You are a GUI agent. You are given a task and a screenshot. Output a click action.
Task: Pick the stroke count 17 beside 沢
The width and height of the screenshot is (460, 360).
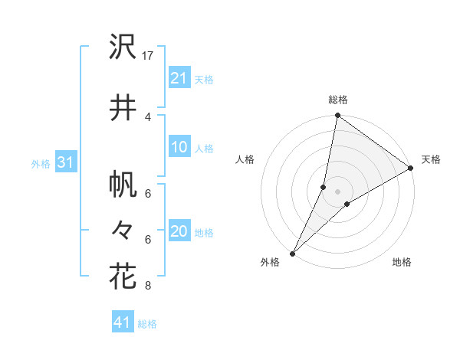coord(148,55)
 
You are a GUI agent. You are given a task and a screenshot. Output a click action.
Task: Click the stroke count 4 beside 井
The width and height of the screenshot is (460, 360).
coord(148,116)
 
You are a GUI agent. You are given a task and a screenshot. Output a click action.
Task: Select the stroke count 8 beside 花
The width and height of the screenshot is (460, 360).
coord(148,286)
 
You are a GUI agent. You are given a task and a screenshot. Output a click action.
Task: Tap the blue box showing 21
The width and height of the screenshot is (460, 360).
coord(179,78)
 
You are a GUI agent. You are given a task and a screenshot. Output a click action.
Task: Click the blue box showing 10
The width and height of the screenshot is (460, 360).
coord(179,148)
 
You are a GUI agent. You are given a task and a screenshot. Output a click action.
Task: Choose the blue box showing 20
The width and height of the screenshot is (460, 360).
coord(179,232)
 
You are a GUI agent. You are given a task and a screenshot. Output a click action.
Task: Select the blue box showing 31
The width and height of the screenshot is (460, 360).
coord(64,163)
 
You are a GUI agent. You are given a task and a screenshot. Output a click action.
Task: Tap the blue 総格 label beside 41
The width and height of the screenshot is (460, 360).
coord(147,324)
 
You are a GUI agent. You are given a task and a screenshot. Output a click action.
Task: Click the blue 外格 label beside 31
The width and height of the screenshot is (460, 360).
coord(41,164)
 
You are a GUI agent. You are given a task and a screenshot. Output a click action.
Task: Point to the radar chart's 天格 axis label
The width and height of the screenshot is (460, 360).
coord(431,159)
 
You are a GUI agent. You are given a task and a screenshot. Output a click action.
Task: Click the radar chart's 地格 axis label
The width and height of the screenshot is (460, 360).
coord(402,262)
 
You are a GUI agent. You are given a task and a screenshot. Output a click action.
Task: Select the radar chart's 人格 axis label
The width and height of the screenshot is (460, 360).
coord(245,159)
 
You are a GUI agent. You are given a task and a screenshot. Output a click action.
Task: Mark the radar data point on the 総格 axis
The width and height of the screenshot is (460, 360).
coord(337,116)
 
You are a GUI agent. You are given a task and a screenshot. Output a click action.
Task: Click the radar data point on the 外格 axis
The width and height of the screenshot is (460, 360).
coord(292,253)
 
